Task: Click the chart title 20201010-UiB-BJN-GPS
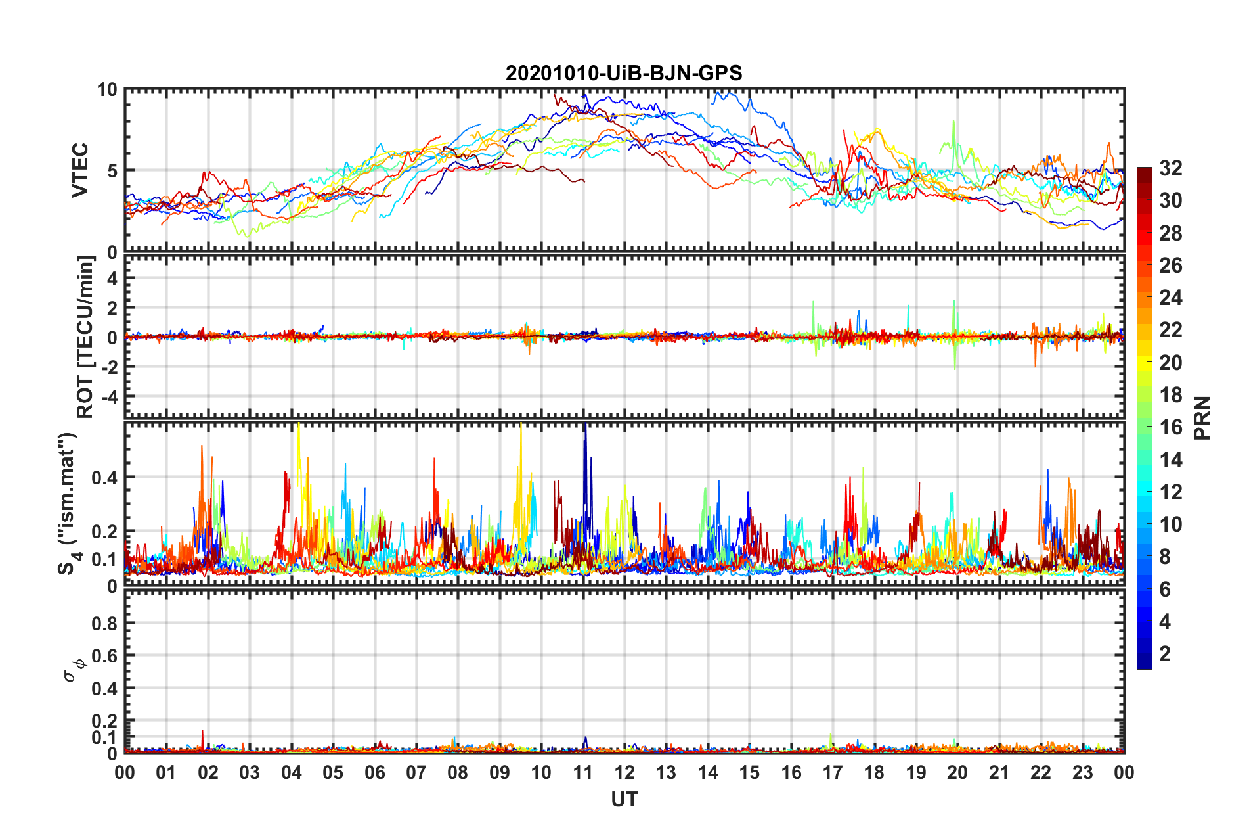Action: (624, 73)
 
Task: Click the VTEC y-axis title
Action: (80, 170)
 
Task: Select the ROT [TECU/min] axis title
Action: (85, 337)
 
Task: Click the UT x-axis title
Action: (624, 800)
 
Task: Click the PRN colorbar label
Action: (1202, 418)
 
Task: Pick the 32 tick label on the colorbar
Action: (1170, 168)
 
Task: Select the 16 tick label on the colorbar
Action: (1170, 427)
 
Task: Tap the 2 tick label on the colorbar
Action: (1165, 654)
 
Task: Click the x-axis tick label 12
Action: (624, 772)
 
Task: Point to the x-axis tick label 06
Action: (375, 772)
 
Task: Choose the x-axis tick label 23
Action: (1082, 772)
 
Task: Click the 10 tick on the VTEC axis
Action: (106, 90)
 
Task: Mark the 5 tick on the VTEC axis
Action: (112, 171)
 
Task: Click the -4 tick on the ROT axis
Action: (108, 397)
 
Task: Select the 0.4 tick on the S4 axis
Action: (104, 478)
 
